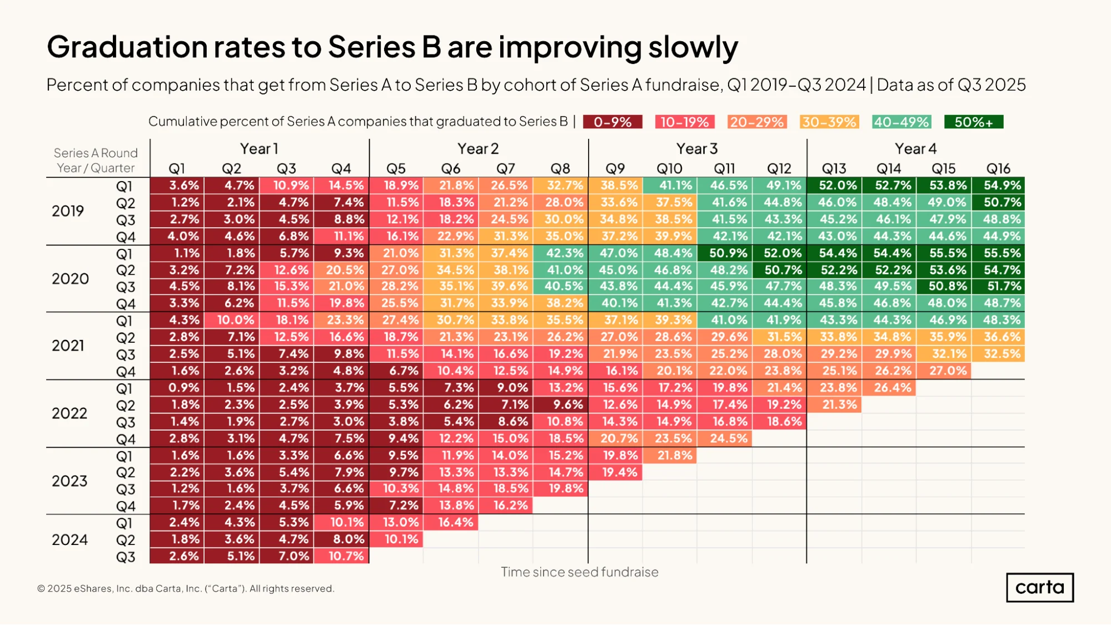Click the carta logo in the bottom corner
coord(1039,587)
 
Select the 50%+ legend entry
coord(974,122)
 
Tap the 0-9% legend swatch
coord(612,122)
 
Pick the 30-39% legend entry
coord(829,122)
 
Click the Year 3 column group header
coord(697,149)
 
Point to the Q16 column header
coord(998,168)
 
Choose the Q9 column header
coord(615,168)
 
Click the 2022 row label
coord(69,413)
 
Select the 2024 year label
coord(69,540)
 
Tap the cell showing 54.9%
coord(998,186)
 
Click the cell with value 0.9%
coord(177,388)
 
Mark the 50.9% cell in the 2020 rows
coord(724,253)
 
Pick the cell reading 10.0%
coord(232,321)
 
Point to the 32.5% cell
coord(998,354)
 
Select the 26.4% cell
coord(889,388)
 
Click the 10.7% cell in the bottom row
coord(341,556)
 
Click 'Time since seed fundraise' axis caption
coord(580,572)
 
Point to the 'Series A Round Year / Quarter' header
coord(96,161)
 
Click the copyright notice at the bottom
coord(186,589)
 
